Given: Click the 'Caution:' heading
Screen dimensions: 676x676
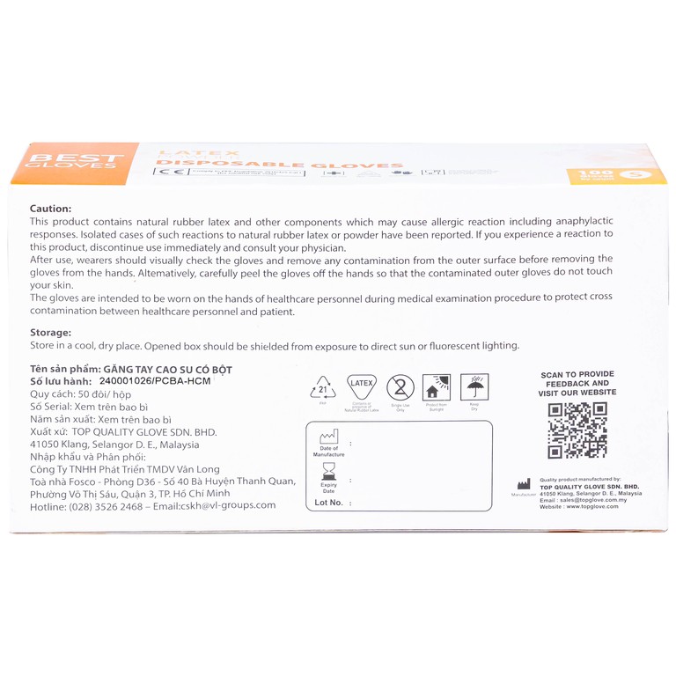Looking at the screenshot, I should (49, 206).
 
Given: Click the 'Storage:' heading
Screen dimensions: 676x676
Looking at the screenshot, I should (50, 333).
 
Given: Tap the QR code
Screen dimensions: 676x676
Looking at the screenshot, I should (577, 430).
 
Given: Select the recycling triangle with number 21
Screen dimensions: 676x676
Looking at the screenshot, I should (323, 387).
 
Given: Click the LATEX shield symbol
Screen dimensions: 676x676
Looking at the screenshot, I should (362, 387).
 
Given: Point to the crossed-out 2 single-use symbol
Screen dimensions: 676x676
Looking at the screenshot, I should (401, 387).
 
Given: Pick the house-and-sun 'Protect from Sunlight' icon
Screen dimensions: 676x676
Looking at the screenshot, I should (437, 387).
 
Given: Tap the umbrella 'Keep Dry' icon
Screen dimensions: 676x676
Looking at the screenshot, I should (474, 387).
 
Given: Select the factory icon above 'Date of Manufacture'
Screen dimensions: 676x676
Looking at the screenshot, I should (328, 437).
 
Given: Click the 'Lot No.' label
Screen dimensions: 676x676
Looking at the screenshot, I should (329, 503).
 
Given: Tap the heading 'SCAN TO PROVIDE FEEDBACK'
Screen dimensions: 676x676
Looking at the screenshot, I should (577, 379).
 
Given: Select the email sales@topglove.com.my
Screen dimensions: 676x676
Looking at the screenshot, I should (600, 500).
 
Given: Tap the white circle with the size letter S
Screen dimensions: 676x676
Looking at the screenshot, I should (630, 175).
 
